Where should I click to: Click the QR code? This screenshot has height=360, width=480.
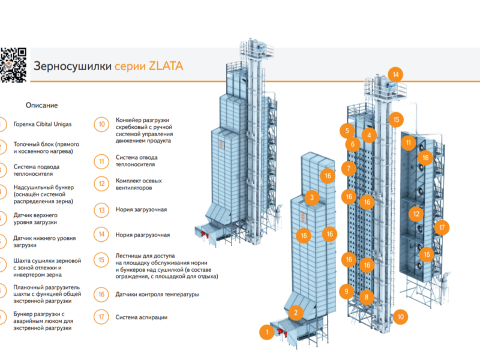point(13,65)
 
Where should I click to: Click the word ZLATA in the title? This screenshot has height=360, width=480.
point(166,66)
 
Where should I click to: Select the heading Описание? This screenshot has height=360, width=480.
point(41,106)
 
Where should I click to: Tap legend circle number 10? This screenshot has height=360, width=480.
point(101,125)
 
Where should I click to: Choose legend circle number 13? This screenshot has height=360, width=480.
point(101,211)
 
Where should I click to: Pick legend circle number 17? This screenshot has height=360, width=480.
point(101,317)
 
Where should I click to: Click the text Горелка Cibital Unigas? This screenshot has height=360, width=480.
point(43,124)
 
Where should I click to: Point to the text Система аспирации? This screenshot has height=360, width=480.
point(142,317)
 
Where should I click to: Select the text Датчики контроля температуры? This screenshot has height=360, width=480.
point(157,295)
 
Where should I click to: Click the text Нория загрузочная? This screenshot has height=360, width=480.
point(141,209)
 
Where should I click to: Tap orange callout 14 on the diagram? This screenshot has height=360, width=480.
point(395,74)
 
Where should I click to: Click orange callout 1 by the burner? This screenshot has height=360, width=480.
point(267,332)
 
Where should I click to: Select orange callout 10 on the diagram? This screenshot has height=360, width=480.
point(400,317)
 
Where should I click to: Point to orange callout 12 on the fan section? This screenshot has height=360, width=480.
point(416,214)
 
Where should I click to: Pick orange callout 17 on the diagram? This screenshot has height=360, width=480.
point(442,227)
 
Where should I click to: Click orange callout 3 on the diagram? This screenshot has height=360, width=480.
point(312,197)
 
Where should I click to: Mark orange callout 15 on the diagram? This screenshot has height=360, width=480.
point(396,119)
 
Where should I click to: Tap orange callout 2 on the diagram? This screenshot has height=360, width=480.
point(296,313)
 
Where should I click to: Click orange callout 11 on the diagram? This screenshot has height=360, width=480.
point(409,143)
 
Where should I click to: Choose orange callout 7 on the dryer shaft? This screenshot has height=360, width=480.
point(349,168)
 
